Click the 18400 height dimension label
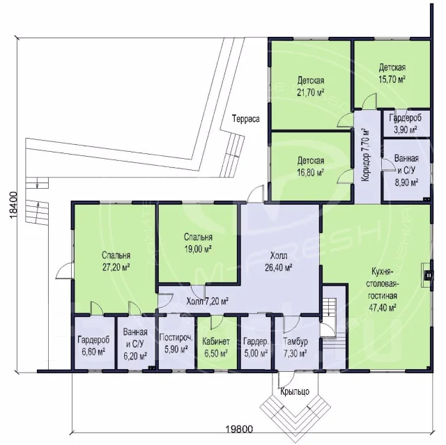pos(13,205)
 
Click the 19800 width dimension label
pos(239,429)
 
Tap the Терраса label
pos(246,118)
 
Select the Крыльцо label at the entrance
pos(295,391)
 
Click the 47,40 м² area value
pos(383,308)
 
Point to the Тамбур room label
pos(295,341)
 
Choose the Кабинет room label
pos(216,341)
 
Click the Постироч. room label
pos(176,337)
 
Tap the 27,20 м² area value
pos(116,267)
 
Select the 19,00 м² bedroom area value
pos(198,249)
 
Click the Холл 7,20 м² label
pos(208,301)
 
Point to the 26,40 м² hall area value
pos(279,267)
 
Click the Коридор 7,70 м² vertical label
pos(365,155)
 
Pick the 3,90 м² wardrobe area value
pos(406,130)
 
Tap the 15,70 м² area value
pos(392,79)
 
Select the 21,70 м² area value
pos(311,93)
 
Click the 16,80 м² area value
pos(311,173)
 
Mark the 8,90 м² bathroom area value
pos(406,182)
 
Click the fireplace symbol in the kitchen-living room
pos(427,275)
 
